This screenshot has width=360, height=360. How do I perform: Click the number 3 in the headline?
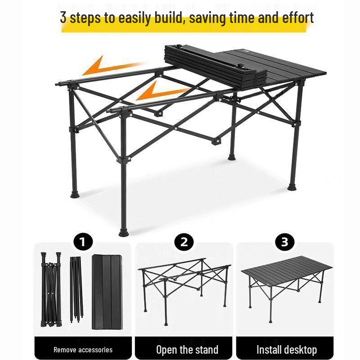coord(63,18)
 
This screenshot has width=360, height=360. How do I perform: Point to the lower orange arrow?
coord(162,92)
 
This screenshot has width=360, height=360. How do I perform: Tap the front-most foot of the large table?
coord(123,232)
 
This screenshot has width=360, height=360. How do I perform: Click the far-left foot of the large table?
coord(75,194)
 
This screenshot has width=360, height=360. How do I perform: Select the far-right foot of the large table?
coord(292,186)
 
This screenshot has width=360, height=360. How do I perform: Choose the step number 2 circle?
coord(184,242)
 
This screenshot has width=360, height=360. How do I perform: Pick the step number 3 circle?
coord(284,242)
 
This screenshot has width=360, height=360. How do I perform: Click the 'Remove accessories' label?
coord(83,349)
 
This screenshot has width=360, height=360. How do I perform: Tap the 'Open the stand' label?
coord(187,349)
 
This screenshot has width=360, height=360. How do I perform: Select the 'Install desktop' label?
coord(287,349)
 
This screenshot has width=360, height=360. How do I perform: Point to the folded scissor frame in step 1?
coord(51,288)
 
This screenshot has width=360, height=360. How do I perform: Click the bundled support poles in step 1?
coord(77,288)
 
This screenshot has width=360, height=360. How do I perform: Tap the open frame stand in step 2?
coord(184,283)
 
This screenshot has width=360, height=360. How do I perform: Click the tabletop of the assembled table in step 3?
coord(287,270)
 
